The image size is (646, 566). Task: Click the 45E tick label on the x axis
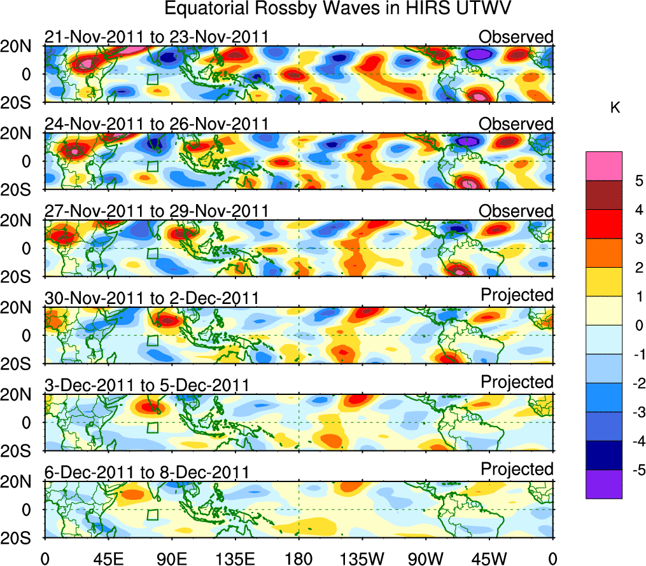point(108,557)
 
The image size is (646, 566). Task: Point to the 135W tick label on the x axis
point(362,557)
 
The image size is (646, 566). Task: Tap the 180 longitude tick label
point(298,557)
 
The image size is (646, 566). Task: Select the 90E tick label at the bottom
point(171,557)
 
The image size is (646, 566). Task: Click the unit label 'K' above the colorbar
point(615,109)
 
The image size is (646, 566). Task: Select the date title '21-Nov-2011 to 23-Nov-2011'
point(157,38)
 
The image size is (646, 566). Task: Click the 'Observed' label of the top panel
point(516,37)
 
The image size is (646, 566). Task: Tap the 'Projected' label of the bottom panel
point(517,469)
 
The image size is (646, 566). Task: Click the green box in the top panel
point(152,79)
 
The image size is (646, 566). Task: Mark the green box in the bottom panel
point(152,514)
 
